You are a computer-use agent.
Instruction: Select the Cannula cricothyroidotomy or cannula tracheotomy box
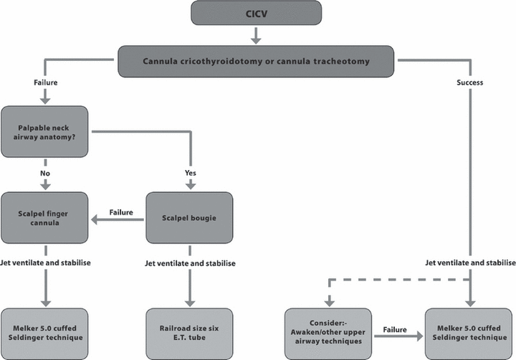pos(256,61)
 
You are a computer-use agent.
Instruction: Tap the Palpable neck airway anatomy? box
pos(44,131)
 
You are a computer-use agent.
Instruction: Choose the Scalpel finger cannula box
pos(44,218)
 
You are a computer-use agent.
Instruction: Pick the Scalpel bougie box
pos(189,217)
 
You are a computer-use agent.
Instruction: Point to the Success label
pos(469,82)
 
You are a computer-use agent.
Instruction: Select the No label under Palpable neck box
pos(45,173)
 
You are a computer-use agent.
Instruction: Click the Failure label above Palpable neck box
pos(45,82)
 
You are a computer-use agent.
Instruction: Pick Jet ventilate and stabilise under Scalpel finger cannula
pos(45,263)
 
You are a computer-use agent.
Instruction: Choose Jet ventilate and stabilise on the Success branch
pos(470,263)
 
